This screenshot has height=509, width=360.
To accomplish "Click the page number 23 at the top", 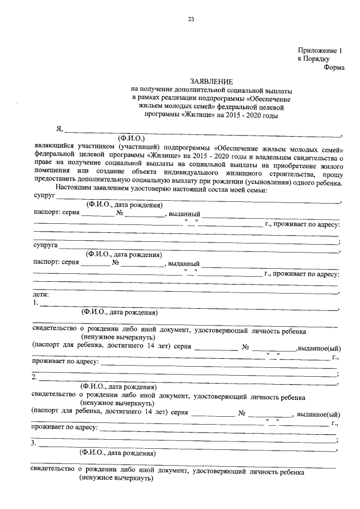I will pos(191,20).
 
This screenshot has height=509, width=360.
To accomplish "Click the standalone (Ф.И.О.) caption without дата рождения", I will pos(130,137).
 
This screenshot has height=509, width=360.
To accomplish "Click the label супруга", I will pos(46,246).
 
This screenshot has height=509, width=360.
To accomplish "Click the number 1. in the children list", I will pos(36,303).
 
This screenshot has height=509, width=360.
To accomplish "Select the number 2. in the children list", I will pos(36,377).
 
